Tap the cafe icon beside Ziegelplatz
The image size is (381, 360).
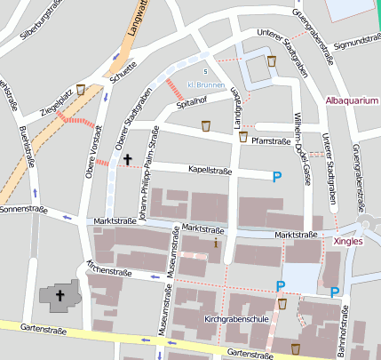pyautogui.click(x=81, y=89)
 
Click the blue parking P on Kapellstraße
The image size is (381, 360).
pyautogui.click(x=278, y=177)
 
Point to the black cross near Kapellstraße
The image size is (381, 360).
pyautogui.click(x=127, y=159)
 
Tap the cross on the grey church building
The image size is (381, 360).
pyautogui.click(x=61, y=295)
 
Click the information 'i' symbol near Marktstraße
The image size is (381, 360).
pyautogui.click(x=216, y=241)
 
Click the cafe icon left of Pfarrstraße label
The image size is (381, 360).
pyautogui.click(x=242, y=137)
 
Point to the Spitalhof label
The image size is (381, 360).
pyautogui.click(x=191, y=104)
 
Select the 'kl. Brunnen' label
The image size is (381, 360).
pyautogui.click(x=205, y=85)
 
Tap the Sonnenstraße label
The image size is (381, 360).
pyautogui.click(x=23, y=210)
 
